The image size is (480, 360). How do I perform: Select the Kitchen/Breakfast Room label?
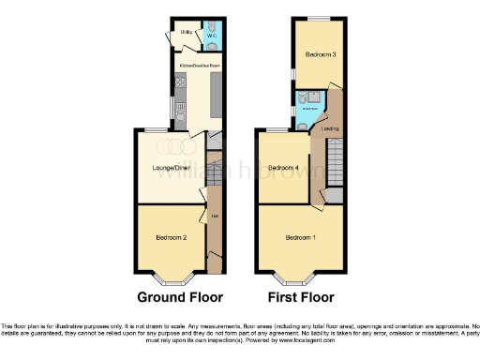coord(200,67)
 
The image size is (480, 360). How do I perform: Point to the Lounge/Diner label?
coord(169,170)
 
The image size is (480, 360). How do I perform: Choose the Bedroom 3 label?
coord(321,54)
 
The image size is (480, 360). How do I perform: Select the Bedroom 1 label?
coord(300,236)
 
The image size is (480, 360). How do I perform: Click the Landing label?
coord(329,128)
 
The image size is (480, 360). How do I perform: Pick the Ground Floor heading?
coord(180,297)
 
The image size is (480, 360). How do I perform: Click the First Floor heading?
coord(301,297)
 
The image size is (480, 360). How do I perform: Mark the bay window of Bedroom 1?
coord(292,277)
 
